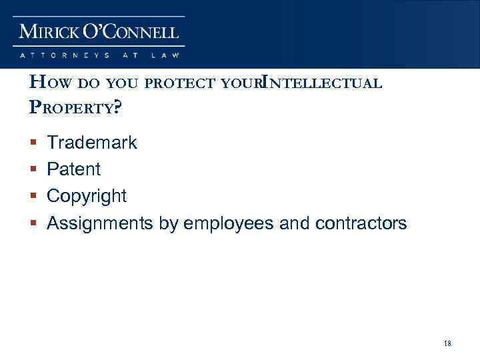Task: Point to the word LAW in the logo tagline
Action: (166, 54)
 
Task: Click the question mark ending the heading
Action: (118, 107)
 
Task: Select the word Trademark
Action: (92, 142)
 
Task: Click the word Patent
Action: (74, 169)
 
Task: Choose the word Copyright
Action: (87, 196)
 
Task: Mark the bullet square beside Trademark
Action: (33, 143)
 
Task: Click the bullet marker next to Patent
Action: (33, 170)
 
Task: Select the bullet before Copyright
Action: (33, 197)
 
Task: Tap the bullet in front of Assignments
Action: (33, 224)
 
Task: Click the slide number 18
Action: (447, 343)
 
